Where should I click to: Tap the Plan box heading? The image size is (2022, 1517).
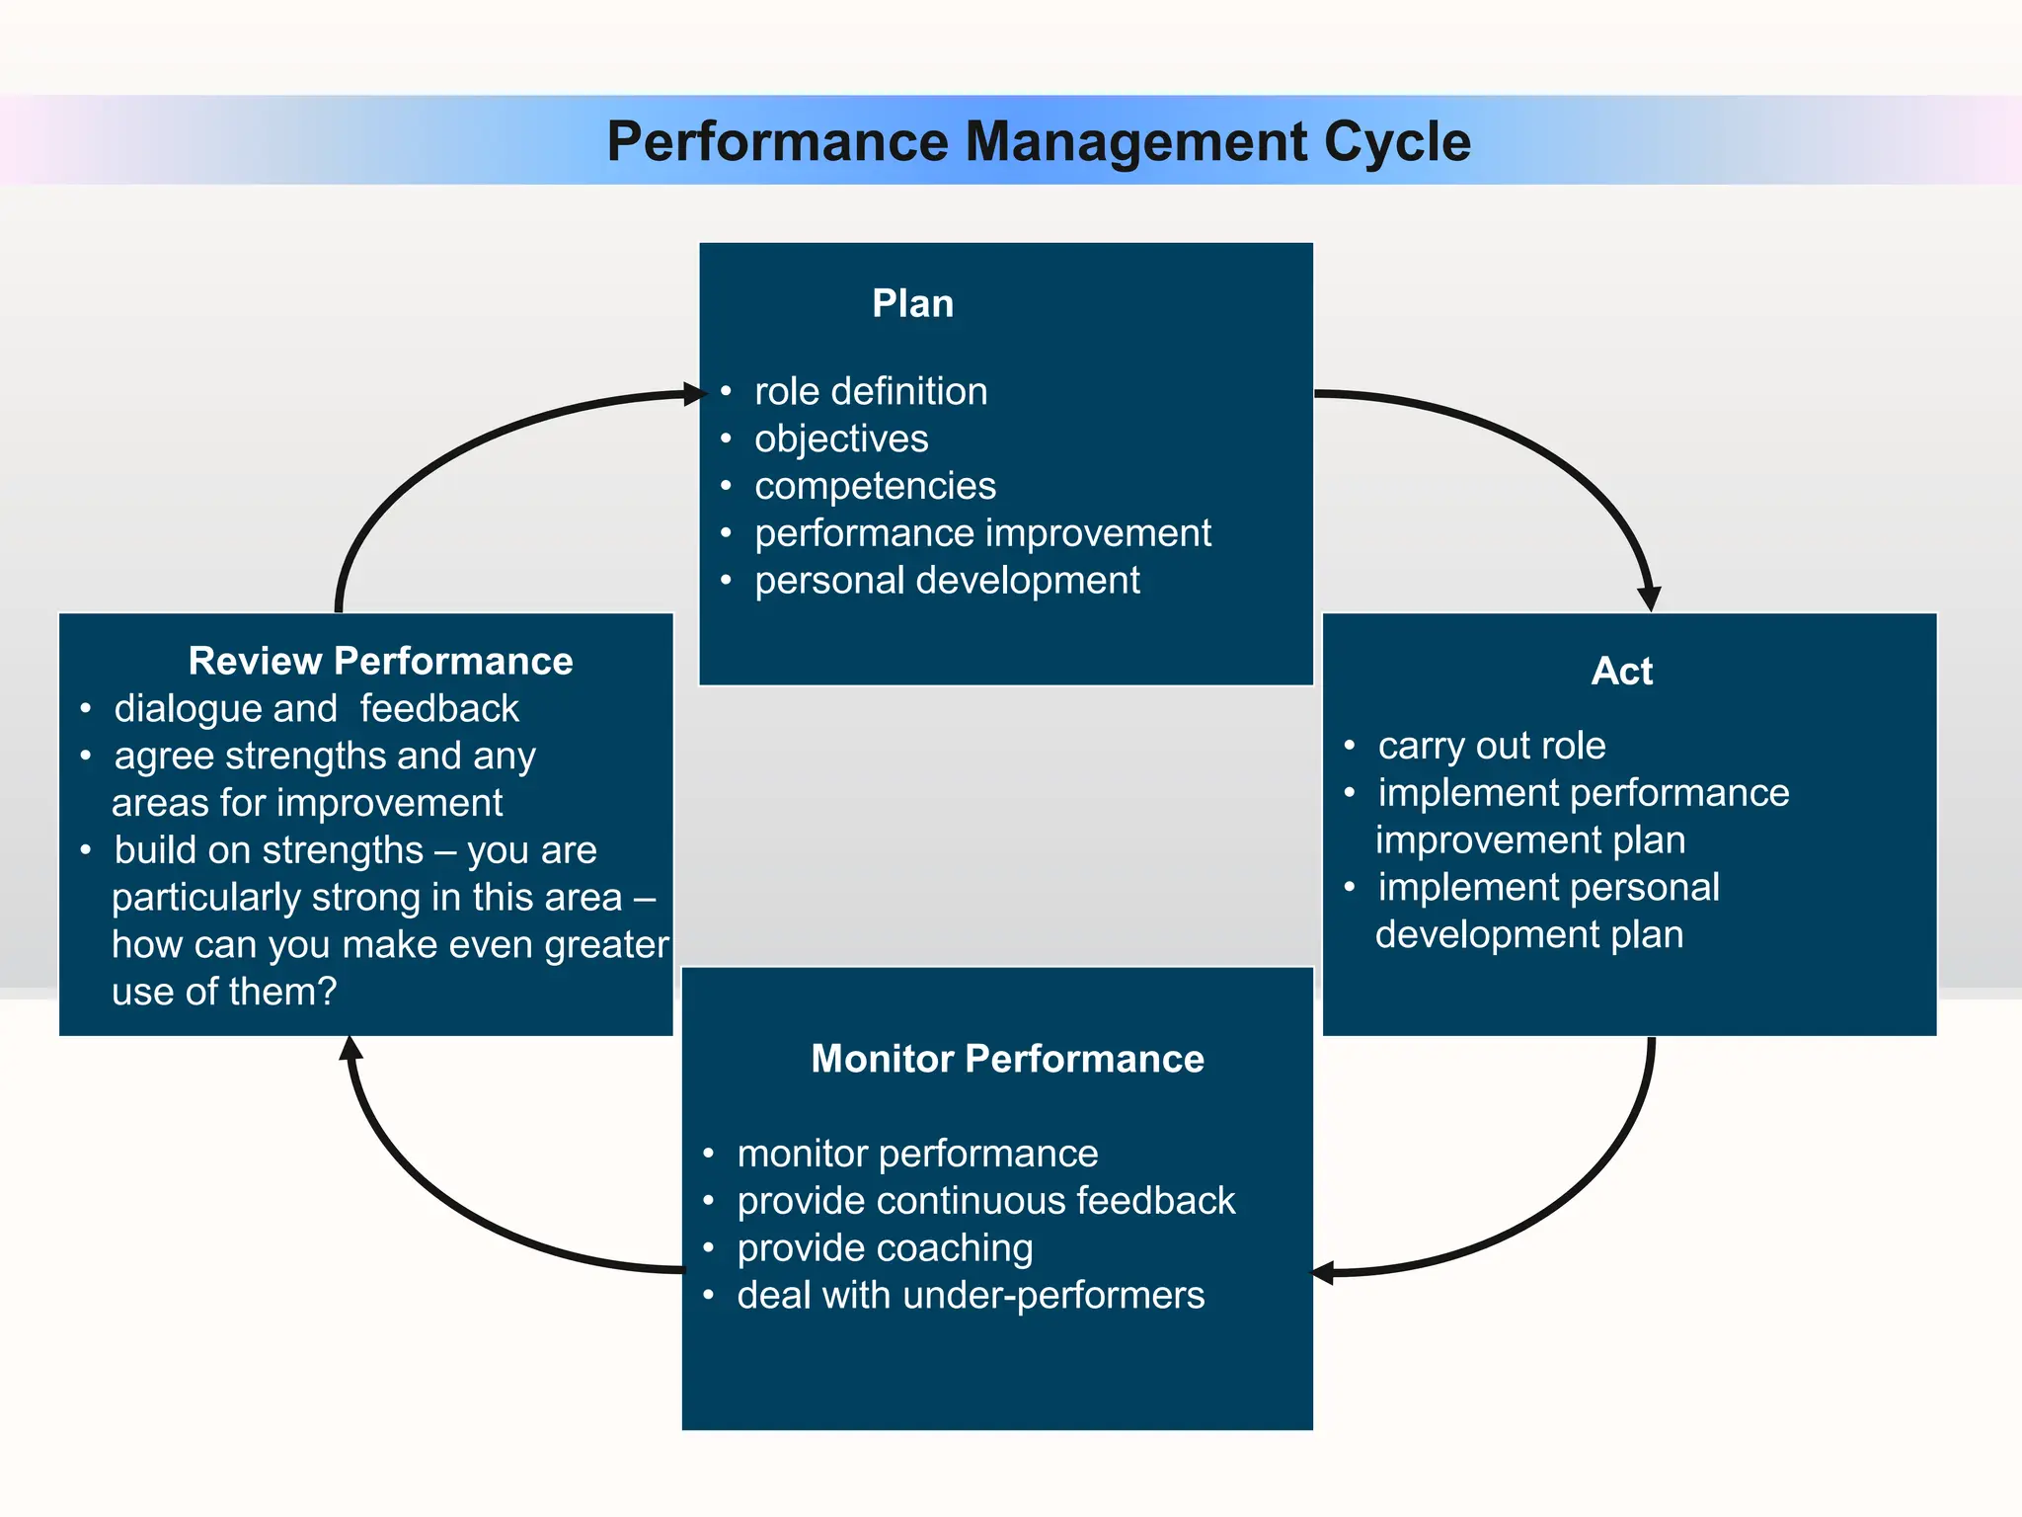pyautogui.click(x=912, y=303)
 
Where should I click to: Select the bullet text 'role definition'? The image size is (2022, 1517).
pyautogui.click(x=870, y=391)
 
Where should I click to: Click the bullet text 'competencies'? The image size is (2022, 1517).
pyautogui.click(x=875, y=486)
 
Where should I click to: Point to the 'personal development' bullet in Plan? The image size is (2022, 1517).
pyautogui.click(x=946, y=581)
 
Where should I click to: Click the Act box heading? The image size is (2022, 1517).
pyautogui.click(x=1621, y=672)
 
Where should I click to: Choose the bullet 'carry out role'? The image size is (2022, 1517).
pyautogui.click(x=1491, y=746)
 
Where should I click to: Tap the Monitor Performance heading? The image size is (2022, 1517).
pyautogui.click(x=1007, y=1059)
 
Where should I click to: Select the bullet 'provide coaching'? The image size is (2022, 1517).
pyautogui.click(x=885, y=1248)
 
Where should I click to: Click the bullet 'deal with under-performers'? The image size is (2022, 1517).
pyautogui.click(x=970, y=1295)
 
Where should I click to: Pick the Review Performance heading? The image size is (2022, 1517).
pyautogui.click(x=380, y=661)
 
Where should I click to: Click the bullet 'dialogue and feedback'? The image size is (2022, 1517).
pyautogui.click(x=316, y=709)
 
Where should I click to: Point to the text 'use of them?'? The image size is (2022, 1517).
pyautogui.click(x=224, y=992)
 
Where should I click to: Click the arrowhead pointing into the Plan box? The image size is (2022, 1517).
pyautogui.click(x=695, y=395)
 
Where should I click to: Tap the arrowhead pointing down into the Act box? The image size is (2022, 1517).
pyautogui.click(x=1649, y=599)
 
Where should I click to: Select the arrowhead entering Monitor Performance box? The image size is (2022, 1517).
pyautogui.click(x=1323, y=1273)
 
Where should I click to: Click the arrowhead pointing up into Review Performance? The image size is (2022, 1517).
pyautogui.click(x=350, y=1048)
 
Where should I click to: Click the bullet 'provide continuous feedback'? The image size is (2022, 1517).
pyautogui.click(x=985, y=1201)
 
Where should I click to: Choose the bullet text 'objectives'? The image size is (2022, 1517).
pyautogui.click(x=840, y=439)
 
